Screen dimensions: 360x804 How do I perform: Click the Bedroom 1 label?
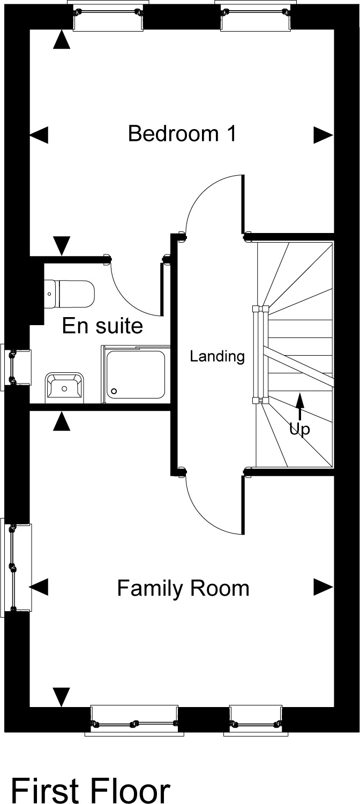182,133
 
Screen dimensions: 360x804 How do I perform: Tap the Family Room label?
183,588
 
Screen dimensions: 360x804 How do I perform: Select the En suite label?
102,326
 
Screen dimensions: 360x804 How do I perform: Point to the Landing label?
217,356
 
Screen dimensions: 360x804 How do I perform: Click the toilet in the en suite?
69,294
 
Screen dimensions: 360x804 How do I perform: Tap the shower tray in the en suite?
136,375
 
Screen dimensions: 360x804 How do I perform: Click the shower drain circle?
115,391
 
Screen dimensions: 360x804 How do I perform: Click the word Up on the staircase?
299,430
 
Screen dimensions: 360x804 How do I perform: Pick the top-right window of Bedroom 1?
256,15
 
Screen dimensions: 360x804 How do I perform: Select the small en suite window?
15,367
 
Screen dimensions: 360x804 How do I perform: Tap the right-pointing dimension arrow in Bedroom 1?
324,136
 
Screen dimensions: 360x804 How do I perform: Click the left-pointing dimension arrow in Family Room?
39,587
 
